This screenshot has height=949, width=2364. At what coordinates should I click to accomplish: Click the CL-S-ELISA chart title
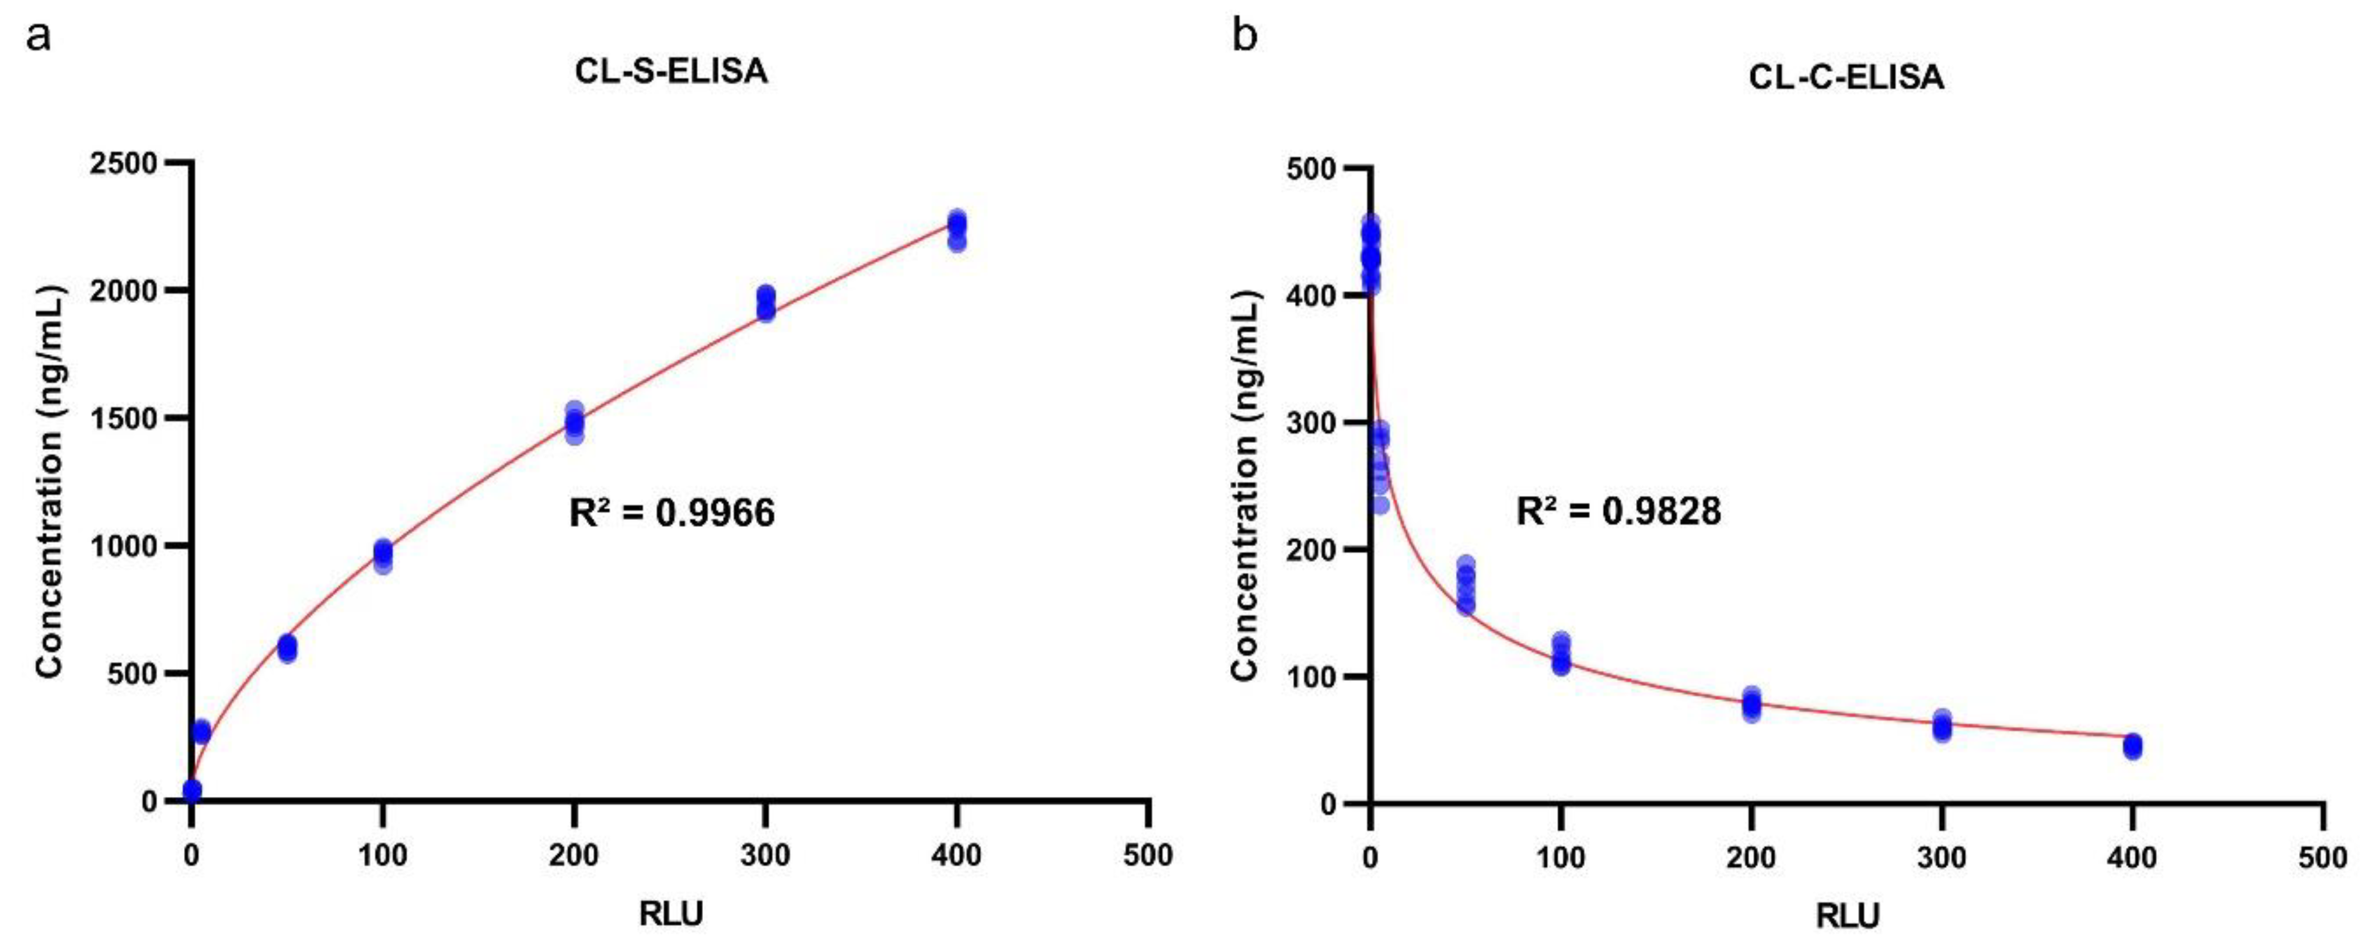[671, 72]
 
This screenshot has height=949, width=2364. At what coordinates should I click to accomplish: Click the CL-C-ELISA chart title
[1846, 77]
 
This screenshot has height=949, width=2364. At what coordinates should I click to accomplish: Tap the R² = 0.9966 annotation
[671, 512]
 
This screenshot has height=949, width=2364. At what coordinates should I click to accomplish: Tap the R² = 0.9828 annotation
[1618, 510]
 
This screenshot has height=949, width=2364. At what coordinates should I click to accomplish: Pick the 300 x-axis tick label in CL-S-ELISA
[765, 855]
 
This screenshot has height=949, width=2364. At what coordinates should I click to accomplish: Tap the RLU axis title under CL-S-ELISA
[671, 914]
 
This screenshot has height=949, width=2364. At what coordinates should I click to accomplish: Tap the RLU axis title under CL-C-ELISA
[1847, 916]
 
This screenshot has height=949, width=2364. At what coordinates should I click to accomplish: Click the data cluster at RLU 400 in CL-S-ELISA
[957, 230]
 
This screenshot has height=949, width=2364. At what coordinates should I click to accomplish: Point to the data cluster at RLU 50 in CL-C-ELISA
[1465, 585]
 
